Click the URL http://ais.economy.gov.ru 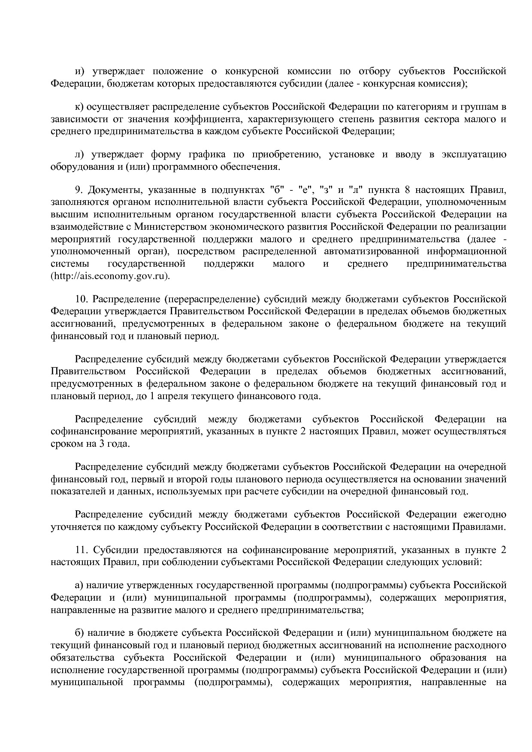pos(111,276)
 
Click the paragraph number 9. pos(78,190)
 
